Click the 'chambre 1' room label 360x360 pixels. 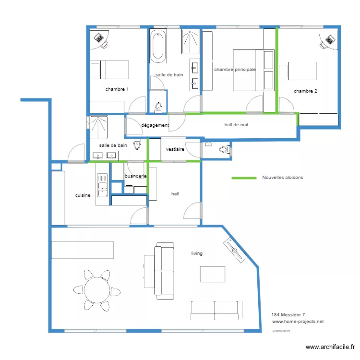(x=117, y=89)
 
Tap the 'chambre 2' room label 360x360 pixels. (x=305, y=91)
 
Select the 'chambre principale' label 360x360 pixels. (x=235, y=70)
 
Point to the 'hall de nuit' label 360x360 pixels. (x=236, y=125)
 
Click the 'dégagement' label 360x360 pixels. (x=155, y=126)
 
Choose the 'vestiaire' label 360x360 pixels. (x=175, y=149)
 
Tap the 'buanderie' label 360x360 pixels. (x=135, y=176)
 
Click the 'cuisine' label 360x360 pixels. (x=83, y=195)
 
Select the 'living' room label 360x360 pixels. (x=197, y=253)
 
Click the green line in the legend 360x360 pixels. (x=244, y=178)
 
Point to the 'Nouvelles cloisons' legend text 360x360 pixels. (x=282, y=178)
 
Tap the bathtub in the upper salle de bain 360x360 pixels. (x=158, y=47)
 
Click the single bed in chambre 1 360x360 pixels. (x=110, y=70)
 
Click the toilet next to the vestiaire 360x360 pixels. (x=224, y=150)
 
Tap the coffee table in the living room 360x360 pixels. (x=213, y=274)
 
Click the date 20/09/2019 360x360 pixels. (x=281, y=331)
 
